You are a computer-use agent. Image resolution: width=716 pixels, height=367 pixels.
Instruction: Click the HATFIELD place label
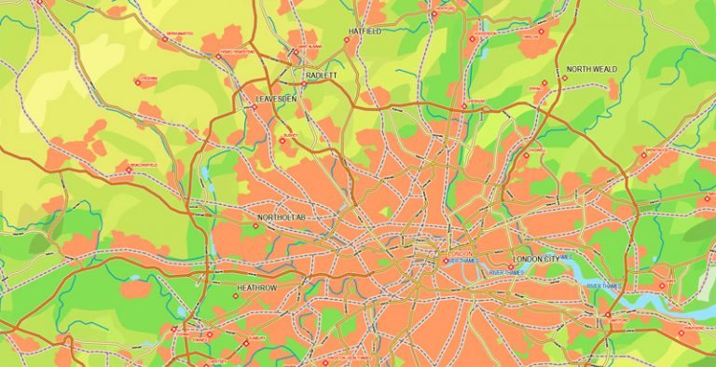(x=365, y=31)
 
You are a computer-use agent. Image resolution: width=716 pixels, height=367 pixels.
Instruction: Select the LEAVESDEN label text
(x=277, y=97)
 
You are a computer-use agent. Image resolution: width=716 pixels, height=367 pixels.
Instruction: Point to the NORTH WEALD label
(x=591, y=70)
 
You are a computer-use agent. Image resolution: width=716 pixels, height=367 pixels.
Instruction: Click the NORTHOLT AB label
(x=281, y=217)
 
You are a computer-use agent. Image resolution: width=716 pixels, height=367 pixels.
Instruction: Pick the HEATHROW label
(x=257, y=289)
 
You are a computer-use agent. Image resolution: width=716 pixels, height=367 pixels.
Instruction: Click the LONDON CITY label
(x=541, y=258)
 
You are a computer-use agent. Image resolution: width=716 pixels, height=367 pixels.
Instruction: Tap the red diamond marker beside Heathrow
(x=237, y=296)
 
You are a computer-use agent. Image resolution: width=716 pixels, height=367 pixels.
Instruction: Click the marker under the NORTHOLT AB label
(x=258, y=225)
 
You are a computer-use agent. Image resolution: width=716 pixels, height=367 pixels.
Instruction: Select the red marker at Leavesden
(x=254, y=106)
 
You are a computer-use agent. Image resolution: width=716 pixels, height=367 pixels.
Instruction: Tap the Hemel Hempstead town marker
(x=219, y=56)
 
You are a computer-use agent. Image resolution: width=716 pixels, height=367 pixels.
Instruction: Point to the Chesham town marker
(x=139, y=83)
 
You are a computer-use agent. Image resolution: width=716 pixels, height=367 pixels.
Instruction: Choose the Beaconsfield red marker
(x=130, y=170)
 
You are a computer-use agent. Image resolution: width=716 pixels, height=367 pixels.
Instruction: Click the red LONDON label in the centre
(x=461, y=252)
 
